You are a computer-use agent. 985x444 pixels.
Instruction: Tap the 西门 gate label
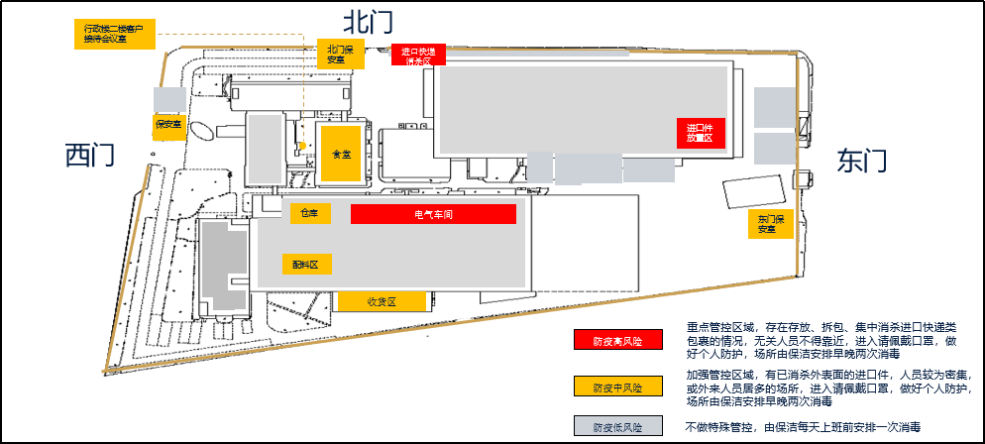point(90,155)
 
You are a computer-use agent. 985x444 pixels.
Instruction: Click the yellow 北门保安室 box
point(340,55)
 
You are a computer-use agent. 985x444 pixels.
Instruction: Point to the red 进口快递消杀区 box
point(418,55)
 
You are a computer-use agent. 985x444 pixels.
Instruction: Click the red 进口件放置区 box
point(701,133)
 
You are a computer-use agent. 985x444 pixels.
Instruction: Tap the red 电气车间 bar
point(433,214)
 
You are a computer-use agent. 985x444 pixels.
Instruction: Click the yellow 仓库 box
point(310,213)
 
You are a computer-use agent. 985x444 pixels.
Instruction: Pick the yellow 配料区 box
point(305,265)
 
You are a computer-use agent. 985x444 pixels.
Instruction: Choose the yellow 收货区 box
point(382,301)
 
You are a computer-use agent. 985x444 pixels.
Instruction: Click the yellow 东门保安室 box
point(767,225)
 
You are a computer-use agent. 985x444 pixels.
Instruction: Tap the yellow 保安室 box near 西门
point(169,125)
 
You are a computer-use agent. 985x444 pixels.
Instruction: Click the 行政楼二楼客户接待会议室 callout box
point(114,34)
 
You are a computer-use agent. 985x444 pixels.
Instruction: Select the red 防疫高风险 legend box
point(616,340)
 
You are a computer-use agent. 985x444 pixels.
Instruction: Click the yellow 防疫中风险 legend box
point(616,387)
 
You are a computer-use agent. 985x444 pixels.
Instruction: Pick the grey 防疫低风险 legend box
point(616,427)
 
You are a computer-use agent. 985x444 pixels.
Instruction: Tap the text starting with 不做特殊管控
point(804,427)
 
